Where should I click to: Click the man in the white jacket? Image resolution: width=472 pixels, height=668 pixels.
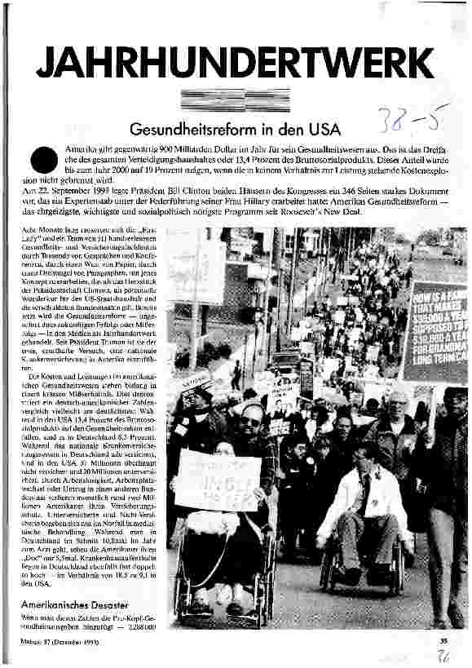tap(363, 498)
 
